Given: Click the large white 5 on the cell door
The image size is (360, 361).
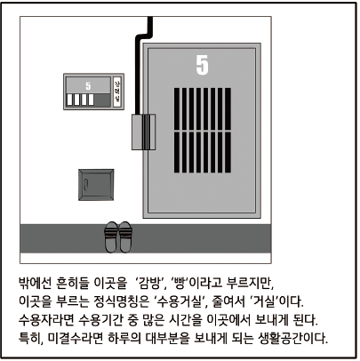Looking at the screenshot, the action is pyautogui.click(x=202, y=65).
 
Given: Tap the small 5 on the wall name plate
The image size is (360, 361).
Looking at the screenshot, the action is pyautogui.click(x=88, y=86).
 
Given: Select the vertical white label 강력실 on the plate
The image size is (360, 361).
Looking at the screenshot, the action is pyautogui.click(x=116, y=92).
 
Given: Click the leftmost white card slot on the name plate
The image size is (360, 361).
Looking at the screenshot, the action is pyautogui.click(x=69, y=100).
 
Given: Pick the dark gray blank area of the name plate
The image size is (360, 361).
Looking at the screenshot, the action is pyautogui.click(x=102, y=100).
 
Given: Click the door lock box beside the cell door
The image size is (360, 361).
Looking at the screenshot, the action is pyautogui.click(x=143, y=132).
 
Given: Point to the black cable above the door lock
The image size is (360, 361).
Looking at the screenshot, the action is pyautogui.click(x=140, y=60).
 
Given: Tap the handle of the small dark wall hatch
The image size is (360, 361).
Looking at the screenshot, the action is pyautogui.click(x=85, y=185).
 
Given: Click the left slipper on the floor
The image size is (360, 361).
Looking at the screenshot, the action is pyautogui.click(x=111, y=237).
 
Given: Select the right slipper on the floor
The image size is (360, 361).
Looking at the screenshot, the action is pyautogui.click(x=124, y=237).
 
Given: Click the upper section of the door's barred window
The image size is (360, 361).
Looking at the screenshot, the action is pyautogui.click(x=203, y=108).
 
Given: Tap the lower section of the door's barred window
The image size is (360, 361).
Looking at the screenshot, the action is pyautogui.click(x=203, y=152).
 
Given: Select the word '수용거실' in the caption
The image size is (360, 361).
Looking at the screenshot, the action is pyautogui.click(x=180, y=301).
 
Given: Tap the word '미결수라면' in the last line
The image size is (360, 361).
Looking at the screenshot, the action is pyautogui.click(x=76, y=338).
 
